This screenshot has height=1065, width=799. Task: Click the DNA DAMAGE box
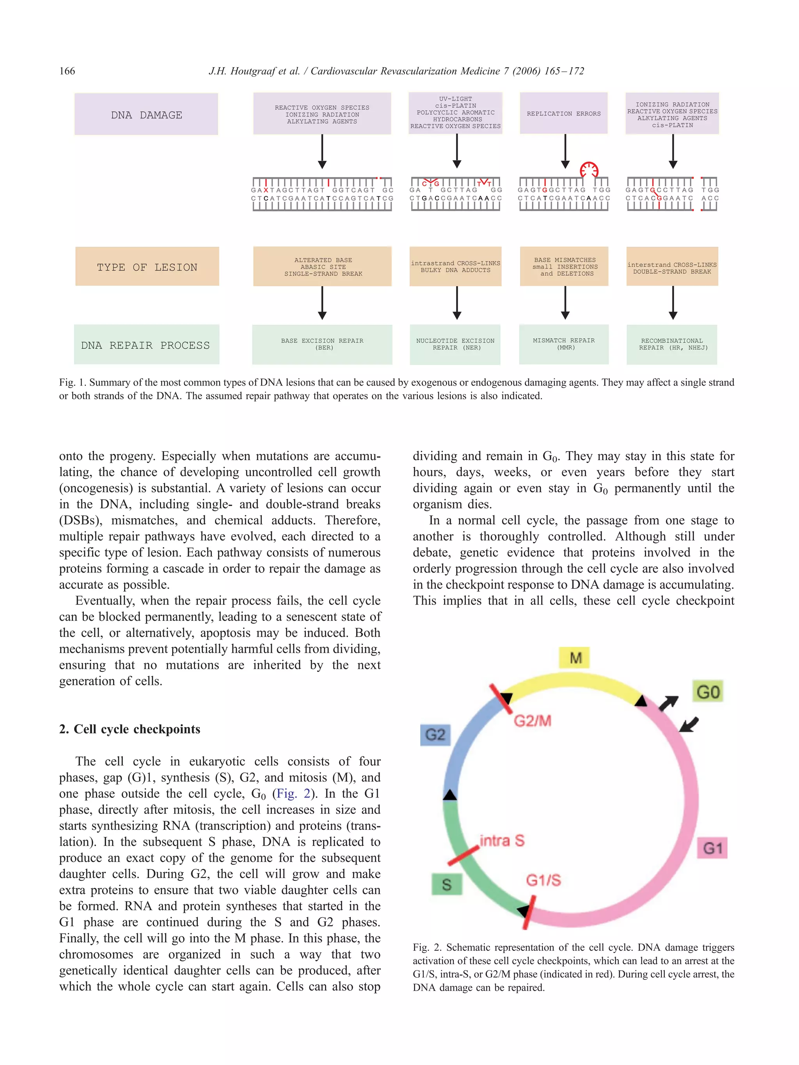coord(146,114)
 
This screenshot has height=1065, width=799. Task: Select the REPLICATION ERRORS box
coord(563,113)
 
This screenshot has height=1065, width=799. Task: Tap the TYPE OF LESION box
coord(147,267)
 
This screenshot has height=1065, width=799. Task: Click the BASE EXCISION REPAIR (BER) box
coord(322,344)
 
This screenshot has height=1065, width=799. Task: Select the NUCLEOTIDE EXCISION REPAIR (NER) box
coord(455,344)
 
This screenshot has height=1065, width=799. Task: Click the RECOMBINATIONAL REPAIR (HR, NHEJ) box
coord(672,344)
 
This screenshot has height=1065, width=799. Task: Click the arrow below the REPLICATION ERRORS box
coord(565,151)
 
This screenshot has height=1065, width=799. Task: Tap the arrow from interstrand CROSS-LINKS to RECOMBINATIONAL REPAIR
coord(673,302)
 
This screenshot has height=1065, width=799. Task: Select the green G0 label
coord(707,691)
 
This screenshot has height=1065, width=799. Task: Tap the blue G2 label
coord(435,735)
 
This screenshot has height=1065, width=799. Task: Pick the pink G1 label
coord(712,847)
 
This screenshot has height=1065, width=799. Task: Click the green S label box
coord(446,884)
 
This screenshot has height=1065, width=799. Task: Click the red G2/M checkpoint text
coord(532,721)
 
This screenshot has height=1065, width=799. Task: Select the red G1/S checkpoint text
coord(543,880)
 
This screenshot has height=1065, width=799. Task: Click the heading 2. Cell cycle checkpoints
coord(130,729)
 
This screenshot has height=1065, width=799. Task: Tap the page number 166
coord(67,71)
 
